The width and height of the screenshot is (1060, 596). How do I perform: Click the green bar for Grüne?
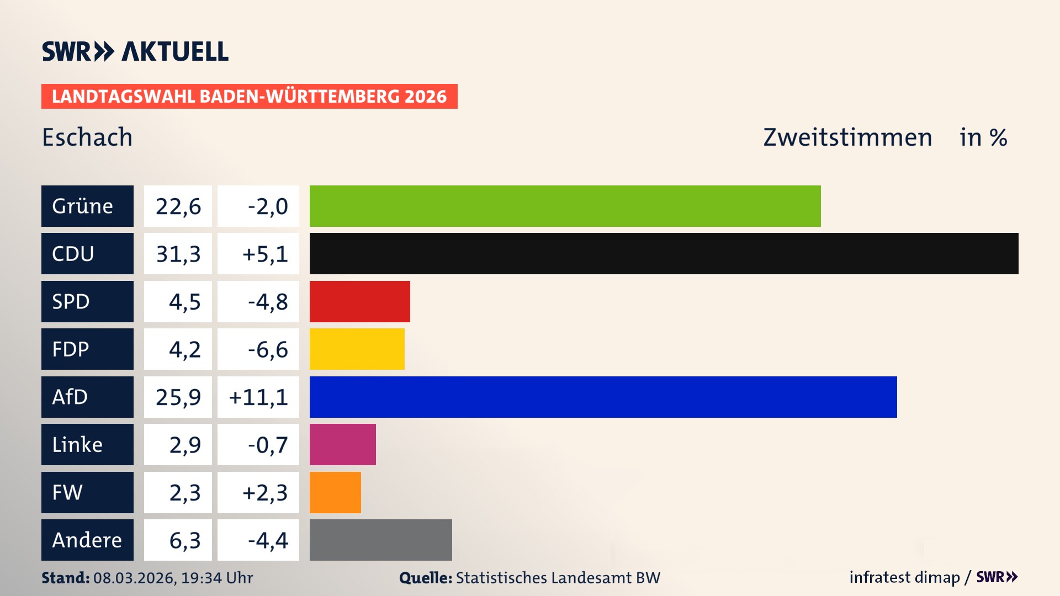point(565,206)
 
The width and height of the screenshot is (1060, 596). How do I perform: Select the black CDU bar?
point(664,253)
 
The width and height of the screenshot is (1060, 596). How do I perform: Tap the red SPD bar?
point(359,301)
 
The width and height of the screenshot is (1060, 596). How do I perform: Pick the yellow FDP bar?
point(357,349)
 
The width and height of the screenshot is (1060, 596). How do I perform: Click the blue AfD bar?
point(603,397)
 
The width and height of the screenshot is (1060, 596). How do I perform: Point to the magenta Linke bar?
point(342,444)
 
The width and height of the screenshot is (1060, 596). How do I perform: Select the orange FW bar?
point(335,492)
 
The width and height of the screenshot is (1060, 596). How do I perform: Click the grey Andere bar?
point(380,540)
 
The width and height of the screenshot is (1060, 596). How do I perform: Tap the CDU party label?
point(87,253)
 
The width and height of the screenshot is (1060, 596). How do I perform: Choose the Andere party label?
point(87,540)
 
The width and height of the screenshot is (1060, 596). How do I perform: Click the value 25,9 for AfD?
point(178,397)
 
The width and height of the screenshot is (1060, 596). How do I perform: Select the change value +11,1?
point(258,397)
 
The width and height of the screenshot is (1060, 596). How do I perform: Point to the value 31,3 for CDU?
point(178,253)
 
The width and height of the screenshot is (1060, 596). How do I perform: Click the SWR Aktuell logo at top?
point(135,51)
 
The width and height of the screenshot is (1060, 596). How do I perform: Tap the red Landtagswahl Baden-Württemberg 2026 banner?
point(249,96)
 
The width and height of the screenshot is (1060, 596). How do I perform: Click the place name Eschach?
point(87,137)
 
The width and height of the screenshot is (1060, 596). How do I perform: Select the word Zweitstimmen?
point(847,137)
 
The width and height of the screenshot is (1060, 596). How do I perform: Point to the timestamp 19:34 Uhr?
point(216,578)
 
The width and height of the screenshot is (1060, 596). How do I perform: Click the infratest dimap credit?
point(904,577)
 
